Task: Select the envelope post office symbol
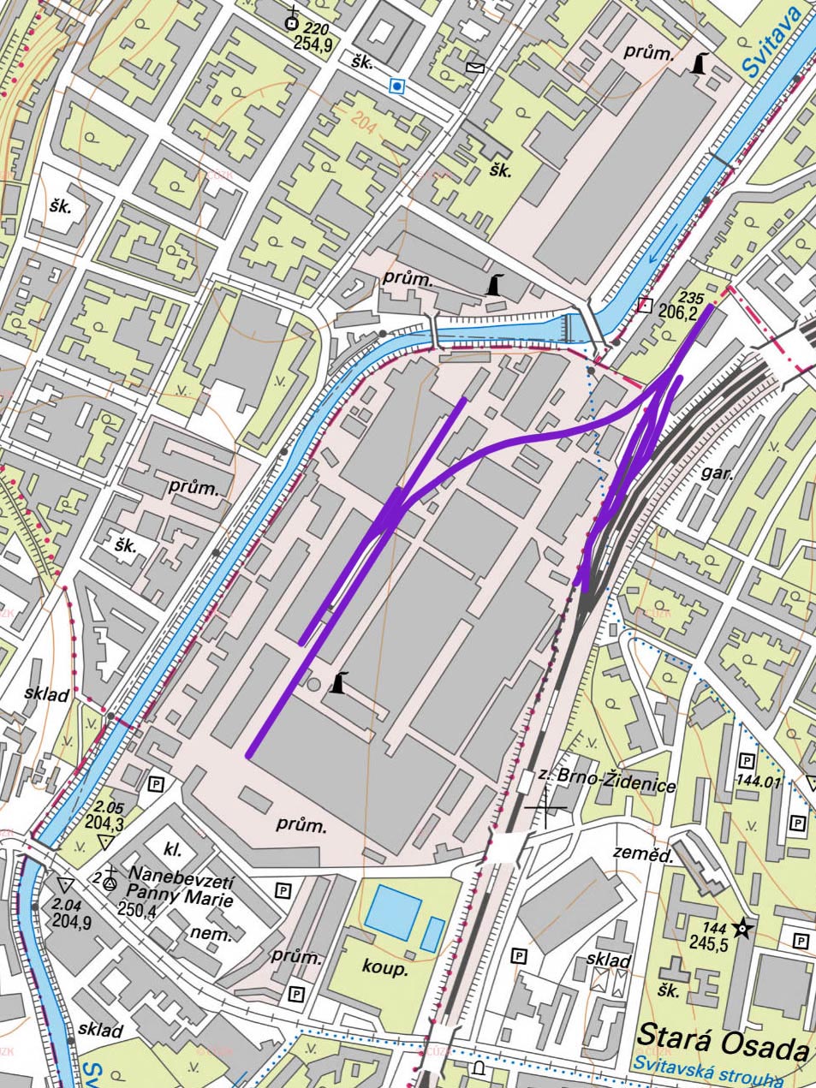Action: [474, 68]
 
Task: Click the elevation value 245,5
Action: [708, 944]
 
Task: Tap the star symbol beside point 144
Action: [742, 928]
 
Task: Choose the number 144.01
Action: [759, 781]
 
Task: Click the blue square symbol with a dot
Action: [396, 86]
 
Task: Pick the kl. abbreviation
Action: [174, 847]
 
